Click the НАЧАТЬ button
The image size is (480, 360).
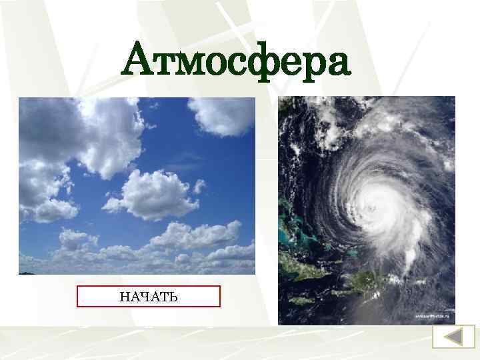[149, 296]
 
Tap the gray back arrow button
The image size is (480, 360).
[454, 336]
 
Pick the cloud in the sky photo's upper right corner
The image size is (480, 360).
[223, 115]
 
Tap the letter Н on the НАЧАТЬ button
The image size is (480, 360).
[125, 296]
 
